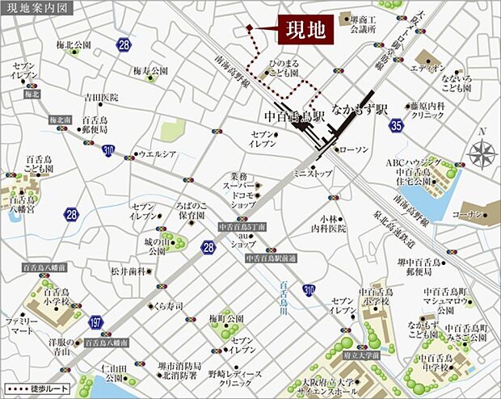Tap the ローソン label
tap(352, 150)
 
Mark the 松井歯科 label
tap(128, 271)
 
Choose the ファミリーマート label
tap(22, 325)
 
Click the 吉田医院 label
tap(89, 97)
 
